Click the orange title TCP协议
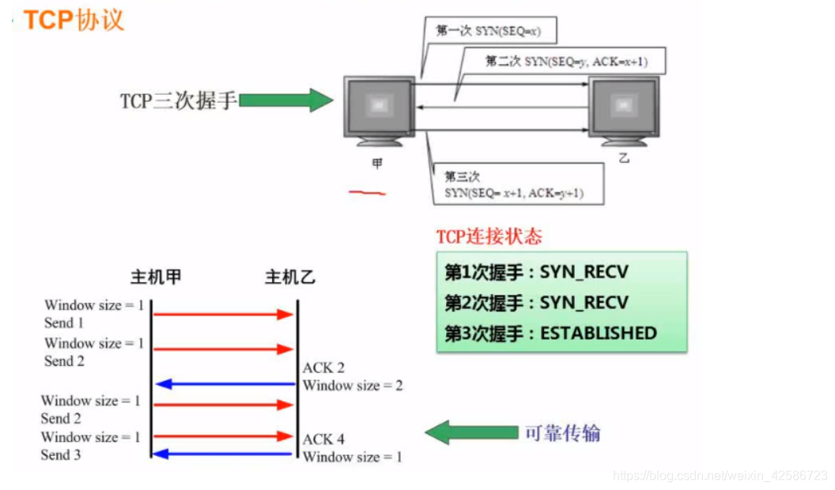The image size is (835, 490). pos(73,20)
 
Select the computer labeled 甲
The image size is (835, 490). pos(379,110)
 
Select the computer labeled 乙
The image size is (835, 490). pos(624,110)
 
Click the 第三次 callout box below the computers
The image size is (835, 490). pos(514,185)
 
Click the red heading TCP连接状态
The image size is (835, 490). pos(489,236)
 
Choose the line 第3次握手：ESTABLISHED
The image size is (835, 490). pos(550,333)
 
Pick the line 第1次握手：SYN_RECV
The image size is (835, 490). pos(536,273)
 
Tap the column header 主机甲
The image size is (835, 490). pos(157,278)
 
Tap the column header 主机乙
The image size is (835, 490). pos(290,278)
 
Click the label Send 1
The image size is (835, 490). pos(64,322)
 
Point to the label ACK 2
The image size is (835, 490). pos(323,367)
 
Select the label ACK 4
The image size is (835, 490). pos(323,439)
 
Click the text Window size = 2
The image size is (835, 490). pos(353,386)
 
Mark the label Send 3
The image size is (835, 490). pos(61,454)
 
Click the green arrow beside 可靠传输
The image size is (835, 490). pos(470,432)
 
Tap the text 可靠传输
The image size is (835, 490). pos(562,432)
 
